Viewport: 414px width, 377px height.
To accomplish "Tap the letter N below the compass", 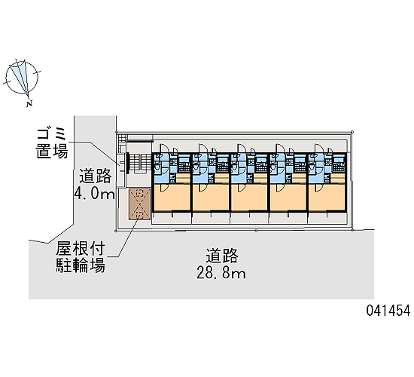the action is [29, 103].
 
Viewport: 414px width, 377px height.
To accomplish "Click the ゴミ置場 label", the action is [52, 144].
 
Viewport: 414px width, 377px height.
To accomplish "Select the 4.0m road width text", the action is [94, 193].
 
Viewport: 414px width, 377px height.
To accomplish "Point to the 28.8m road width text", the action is [221, 272].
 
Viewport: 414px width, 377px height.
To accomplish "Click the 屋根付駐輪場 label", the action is [81, 257].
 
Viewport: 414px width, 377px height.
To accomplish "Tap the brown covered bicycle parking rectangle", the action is [139, 204].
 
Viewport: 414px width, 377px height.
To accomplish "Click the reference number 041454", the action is [388, 310].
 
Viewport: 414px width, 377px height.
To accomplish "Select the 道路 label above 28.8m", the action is [222, 256].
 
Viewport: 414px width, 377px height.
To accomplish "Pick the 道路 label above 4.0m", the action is [96, 176].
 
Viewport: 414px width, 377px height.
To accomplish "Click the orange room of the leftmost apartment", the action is [172, 197].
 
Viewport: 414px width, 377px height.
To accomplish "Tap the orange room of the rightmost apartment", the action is [327, 197].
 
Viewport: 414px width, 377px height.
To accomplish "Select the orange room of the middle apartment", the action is [249, 197].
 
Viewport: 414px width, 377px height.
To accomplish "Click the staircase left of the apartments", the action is [139, 163].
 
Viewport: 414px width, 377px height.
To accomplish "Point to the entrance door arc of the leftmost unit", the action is [163, 148].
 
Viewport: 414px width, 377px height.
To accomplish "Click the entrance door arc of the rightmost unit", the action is [318, 148].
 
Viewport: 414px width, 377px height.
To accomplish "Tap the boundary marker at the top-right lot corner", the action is [352, 131].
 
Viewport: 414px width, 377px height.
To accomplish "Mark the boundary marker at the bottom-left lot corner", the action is [116, 231].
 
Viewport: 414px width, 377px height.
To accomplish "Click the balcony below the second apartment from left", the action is [211, 218].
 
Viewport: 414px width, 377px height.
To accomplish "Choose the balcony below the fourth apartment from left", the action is [288, 218].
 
